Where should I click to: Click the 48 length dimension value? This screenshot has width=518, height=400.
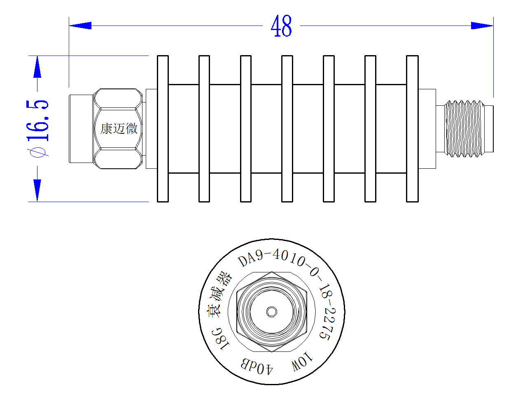(x=281, y=26)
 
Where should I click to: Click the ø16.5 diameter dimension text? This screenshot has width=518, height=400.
(x=37, y=129)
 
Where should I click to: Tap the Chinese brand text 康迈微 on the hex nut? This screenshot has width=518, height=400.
(x=119, y=129)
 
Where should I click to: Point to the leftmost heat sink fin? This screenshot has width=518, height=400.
(x=163, y=129)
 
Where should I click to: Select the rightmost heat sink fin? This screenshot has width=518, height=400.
(x=412, y=129)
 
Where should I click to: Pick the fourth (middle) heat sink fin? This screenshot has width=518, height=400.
(x=287, y=129)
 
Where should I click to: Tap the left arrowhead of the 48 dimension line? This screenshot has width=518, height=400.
(x=80, y=26)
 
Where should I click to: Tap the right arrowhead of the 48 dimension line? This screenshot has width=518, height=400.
(x=482, y=26)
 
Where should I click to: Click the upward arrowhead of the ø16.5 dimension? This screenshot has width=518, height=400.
(x=37, y=67)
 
